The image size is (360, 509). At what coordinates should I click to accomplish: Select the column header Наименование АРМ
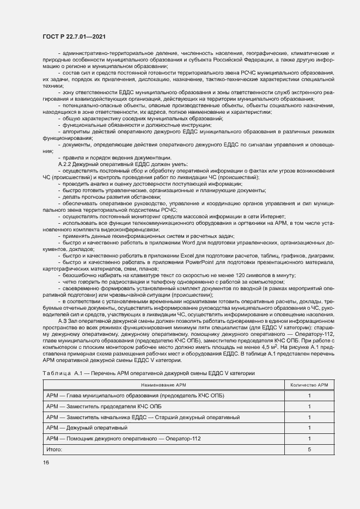163,385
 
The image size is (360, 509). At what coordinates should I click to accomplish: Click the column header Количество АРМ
309,385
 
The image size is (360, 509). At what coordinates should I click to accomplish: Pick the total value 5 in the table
309,449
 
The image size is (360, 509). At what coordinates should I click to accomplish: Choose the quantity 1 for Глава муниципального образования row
309,396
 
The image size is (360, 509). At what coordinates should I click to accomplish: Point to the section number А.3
62,321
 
